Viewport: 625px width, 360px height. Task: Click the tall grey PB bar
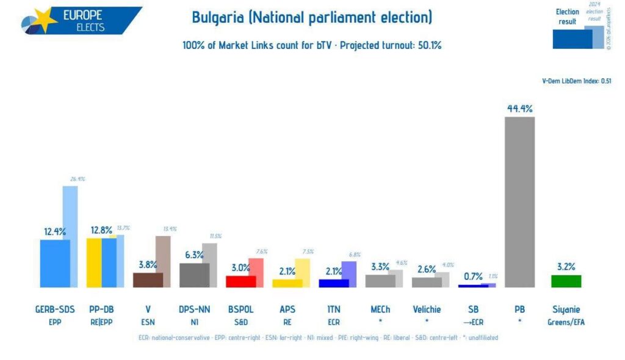[519, 201]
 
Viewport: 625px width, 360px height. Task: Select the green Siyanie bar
[566, 281]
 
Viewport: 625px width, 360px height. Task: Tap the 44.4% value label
[519, 109]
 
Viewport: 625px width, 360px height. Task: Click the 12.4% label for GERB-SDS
[54, 232]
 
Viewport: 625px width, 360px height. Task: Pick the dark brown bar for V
[148, 279]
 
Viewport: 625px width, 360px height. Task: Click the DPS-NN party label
[194, 309]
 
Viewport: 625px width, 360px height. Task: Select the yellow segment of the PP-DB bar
[94, 262]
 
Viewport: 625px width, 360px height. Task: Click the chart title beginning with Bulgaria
[312, 17]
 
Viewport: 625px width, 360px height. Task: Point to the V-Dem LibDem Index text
[576, 81]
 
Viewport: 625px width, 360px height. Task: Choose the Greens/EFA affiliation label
[566, 322]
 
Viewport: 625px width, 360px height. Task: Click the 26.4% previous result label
[78, 179]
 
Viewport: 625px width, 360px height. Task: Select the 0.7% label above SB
[473, 276]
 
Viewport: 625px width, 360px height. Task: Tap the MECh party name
[380, 309]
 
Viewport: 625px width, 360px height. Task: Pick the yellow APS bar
[287, 283]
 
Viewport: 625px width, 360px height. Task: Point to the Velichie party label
[427, 309]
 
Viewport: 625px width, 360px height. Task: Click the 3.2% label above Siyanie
[566, 266]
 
